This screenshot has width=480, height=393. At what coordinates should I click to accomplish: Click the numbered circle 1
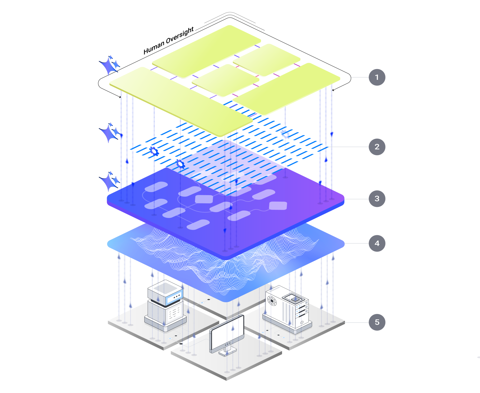pos(377,77)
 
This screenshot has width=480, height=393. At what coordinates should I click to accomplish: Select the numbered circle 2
pos(377,147)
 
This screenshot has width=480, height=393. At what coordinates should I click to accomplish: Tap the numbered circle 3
pos(377,199)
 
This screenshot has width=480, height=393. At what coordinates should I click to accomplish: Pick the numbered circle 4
pos(377,243)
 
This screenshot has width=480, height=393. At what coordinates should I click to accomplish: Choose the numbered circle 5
pos(377,322)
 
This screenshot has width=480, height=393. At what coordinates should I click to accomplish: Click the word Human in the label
pos(154,48)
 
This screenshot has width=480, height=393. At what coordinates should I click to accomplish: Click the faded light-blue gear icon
pos(285,134)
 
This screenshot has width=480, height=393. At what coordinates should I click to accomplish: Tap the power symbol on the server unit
pos(302,322)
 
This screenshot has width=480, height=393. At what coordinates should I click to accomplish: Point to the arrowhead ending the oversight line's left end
pos(120,97)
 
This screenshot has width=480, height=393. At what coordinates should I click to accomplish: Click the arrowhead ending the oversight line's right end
pos(333,90)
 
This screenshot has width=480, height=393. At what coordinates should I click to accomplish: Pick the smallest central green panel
pos(225,80)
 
